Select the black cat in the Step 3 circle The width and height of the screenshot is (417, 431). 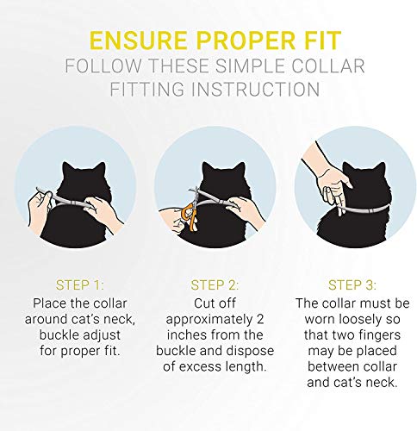point(349,207)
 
